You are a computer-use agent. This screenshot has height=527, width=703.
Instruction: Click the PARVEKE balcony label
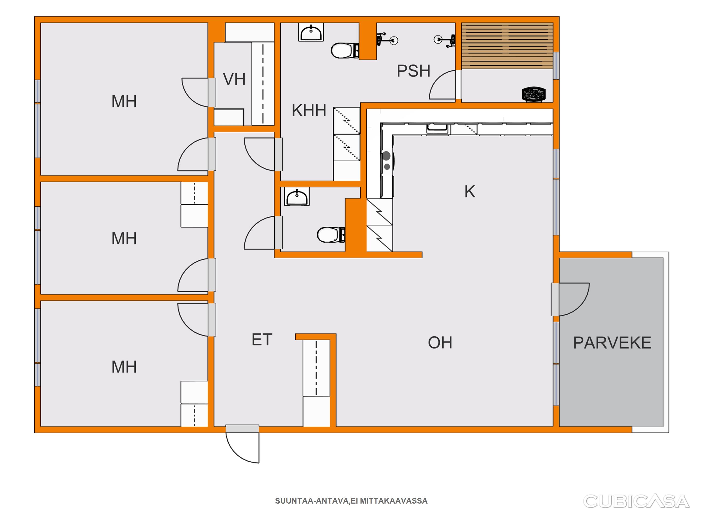[612, 343]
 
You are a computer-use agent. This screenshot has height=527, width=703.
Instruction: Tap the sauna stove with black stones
[534, 94]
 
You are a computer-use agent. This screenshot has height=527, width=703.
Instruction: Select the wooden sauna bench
[507, 46]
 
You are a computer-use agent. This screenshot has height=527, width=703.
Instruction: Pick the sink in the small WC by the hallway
[297, 197]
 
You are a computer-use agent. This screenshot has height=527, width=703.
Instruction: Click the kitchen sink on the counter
[437, 129]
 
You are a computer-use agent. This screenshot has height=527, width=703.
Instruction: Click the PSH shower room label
[414, 71]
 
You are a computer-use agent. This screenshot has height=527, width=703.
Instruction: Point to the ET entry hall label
[262, 340]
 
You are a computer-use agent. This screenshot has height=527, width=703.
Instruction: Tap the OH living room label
[440, 343]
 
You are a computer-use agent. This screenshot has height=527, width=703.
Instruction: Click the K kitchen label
[470, 191]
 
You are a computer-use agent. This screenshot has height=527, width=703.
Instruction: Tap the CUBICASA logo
[636, 501]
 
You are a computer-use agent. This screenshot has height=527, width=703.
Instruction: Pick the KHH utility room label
[309, 111]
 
